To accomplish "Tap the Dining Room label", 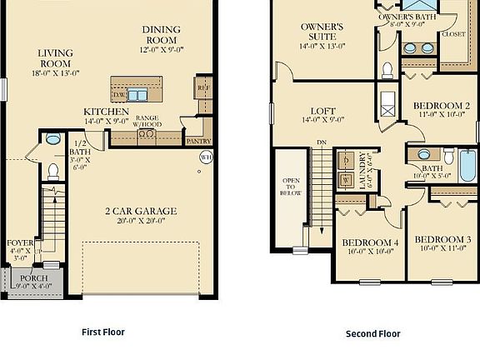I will [161, 33].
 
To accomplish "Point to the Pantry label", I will [198, 142].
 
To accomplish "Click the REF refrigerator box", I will [202, 87].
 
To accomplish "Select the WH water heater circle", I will [207, 156].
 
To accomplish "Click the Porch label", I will [33, 278].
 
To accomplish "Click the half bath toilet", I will [53, 172].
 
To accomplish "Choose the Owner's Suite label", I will [322, 32].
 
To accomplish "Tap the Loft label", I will [323, 111].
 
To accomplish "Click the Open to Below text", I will [291, 192].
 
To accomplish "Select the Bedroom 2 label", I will [442, 105].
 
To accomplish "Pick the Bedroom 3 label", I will [443, 239].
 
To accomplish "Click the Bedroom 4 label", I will [369, 243].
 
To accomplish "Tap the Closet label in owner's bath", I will [453, 35].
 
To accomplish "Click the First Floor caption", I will [103, 332].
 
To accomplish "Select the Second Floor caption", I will [373, 333].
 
